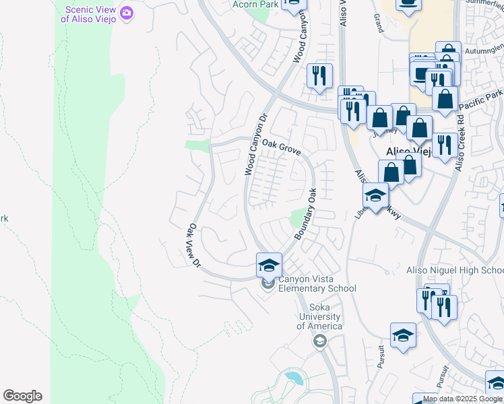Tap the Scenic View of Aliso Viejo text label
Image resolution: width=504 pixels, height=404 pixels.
pyautogui.click(x=88, y=14)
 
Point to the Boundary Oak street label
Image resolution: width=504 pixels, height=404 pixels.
pyautogui.click(x=305, y=213)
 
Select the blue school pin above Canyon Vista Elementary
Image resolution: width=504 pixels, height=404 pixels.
pyautogui.click(x=268, y=265)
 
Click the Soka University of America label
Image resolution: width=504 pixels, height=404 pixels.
pyautogui.click(x=319, y=316)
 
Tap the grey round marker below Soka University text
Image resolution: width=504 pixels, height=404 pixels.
pyautogui.click(x=319, y=342)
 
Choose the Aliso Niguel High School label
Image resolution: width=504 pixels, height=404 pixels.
pyautogui.click(x=455, y=270)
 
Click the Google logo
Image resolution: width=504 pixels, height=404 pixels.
pyautogui.click(x=22, y=396)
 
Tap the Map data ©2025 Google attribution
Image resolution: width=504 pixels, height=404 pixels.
pyautogui.click(x=462, y=399)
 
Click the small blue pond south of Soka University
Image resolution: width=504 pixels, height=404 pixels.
pyautogui.click(x=294, y=378)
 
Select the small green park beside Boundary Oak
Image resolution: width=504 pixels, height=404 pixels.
pyautogui.click(x=296, y=218)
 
